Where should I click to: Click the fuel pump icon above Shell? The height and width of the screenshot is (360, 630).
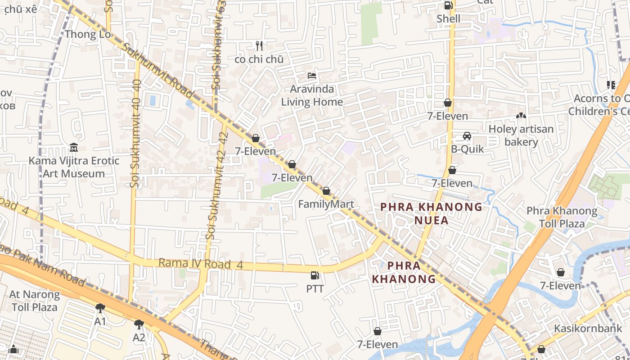pyautogui.click(x=448, y=5)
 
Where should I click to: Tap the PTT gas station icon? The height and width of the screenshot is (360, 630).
pyautogui.click(x=315, y=275)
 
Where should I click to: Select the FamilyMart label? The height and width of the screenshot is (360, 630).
pyautogui.click(x=326, y=204)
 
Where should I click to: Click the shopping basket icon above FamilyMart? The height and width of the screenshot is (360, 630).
pyautogui.click(x=326, y=191)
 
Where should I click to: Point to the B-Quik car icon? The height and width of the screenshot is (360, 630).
pyautogui.click(x=467, y=136)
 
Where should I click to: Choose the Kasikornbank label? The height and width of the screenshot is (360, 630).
pyautogui.click(x=588, y=328)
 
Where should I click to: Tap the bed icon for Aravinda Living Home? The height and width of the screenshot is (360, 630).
pyautogui.click(x=312, y=76)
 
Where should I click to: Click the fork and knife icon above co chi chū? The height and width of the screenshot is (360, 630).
pyautogui.click(x=259, y=46)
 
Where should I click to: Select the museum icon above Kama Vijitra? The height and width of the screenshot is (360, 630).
pyautogui.click(x=74, y=148)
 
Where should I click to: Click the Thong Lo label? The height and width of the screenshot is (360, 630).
pyautogui.click(x=87, y=34)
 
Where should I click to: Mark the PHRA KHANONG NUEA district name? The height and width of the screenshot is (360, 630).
pyautogui.click(x=431, y=213)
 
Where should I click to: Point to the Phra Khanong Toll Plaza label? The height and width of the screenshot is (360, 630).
pyautogui.click(x=562, y=217)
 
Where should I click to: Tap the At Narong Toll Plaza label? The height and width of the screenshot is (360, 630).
pyautogui.click(x=35, y=301)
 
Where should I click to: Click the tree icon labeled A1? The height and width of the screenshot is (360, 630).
pyautogui.click(x=100, y=308)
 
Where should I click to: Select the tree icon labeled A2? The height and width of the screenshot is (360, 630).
pyautogui.click(x=139, y=324)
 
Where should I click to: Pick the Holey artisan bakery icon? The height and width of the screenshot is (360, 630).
pyautogui.click(x=521, y=116)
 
